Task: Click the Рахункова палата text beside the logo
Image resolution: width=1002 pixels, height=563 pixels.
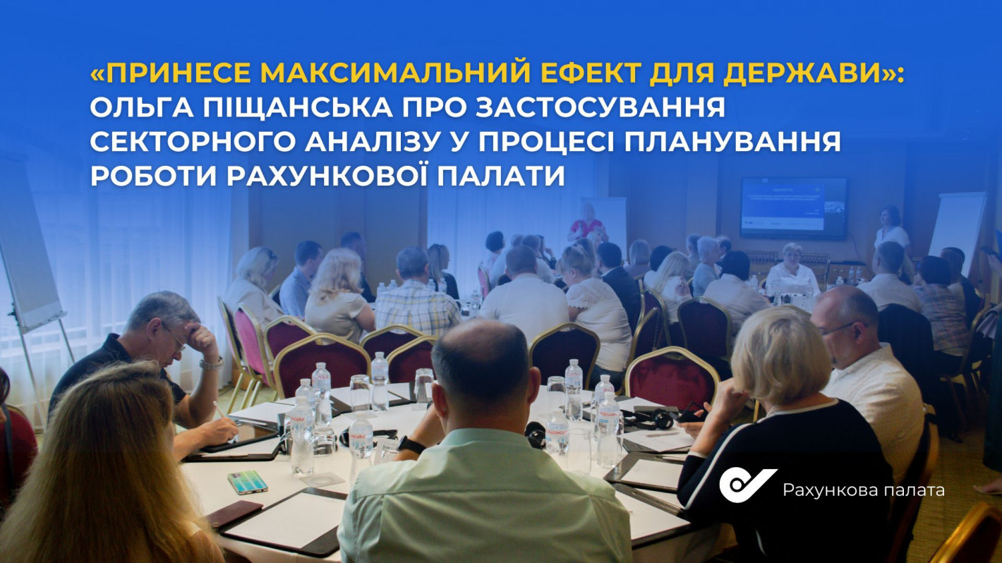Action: click(864, 490)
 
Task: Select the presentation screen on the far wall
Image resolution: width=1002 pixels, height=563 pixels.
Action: click(794, 207)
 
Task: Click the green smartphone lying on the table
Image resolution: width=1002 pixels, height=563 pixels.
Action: click(248, 482)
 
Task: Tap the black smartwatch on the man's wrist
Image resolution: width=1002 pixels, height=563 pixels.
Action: click(411, 445)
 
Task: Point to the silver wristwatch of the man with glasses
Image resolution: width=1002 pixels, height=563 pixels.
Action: click(211, 363)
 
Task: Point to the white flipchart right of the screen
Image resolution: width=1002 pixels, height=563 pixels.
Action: click(958, 233)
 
